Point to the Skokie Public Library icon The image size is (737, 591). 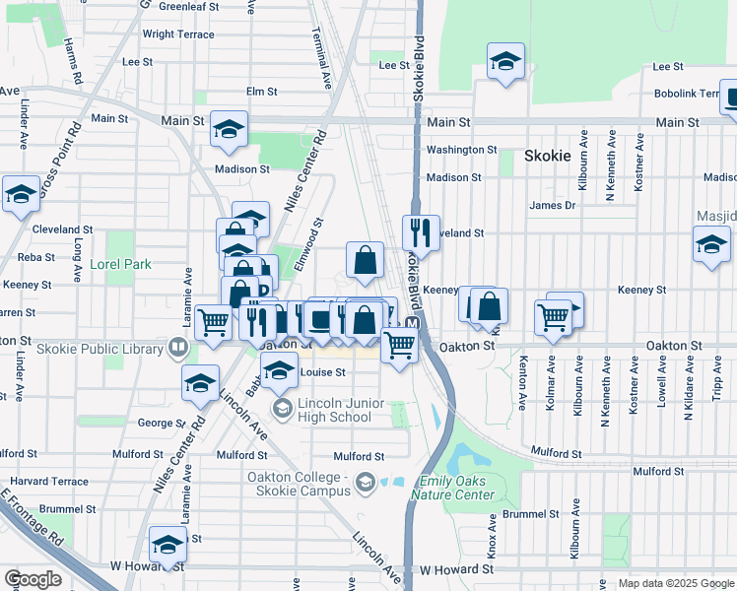pos(177,346)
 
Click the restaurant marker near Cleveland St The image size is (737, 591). pos(421,234)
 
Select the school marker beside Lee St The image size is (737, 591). pos(505,62)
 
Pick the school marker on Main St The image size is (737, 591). pos(229,130)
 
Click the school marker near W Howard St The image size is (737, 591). pos(168,546)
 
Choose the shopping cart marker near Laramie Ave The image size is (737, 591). pos(214,322)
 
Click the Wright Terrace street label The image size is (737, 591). pos(178,34)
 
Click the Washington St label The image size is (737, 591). pos(462,150)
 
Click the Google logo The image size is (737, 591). pos(33,579)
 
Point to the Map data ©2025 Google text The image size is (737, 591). pos(676,583)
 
